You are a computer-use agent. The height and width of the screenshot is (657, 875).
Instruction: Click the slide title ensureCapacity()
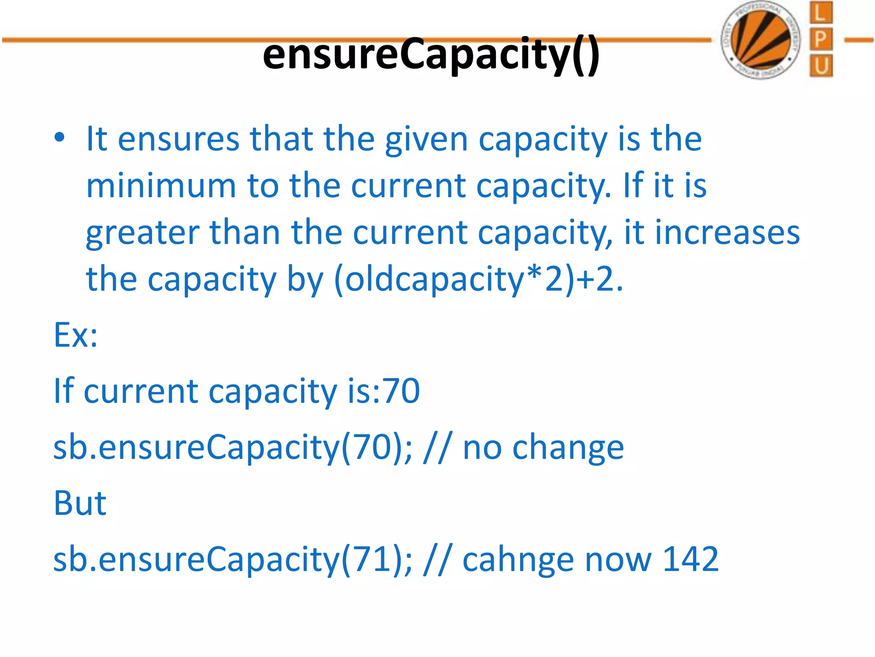(x=431, y=54)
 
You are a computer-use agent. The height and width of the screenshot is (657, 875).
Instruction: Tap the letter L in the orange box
(x=821, y=13)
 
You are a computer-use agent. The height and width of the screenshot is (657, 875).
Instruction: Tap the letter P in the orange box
(x=821, y=39)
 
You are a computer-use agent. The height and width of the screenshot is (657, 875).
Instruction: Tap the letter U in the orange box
(x=821, y=66)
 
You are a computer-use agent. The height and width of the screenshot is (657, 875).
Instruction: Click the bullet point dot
(x=59, y=138)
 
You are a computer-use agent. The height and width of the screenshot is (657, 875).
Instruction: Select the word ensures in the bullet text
(x=179, y=139)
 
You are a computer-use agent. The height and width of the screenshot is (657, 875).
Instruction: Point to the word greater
(x=142, y=234)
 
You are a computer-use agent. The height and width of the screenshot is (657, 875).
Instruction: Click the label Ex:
(x=76, y=335)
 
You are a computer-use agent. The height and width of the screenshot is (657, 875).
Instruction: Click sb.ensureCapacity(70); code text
(x=233, y=447)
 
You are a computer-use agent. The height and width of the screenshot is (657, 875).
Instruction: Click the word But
(x=80, y=503)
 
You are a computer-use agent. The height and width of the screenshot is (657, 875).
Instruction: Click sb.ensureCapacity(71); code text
(x=233, y=559)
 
